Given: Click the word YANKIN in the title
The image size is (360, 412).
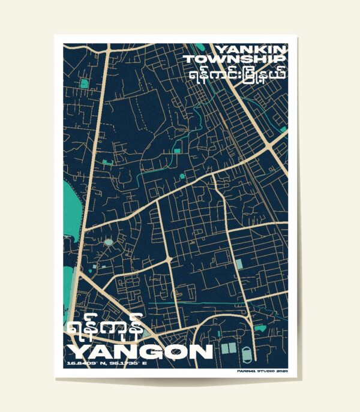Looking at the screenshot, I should click(251, 49).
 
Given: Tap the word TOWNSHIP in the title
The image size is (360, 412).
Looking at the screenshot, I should click(235, 59).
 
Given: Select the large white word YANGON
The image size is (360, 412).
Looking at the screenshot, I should click(139, 351).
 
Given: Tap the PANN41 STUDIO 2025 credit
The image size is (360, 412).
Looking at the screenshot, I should click(263, 372).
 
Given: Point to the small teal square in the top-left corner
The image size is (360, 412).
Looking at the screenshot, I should click(84, 83).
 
